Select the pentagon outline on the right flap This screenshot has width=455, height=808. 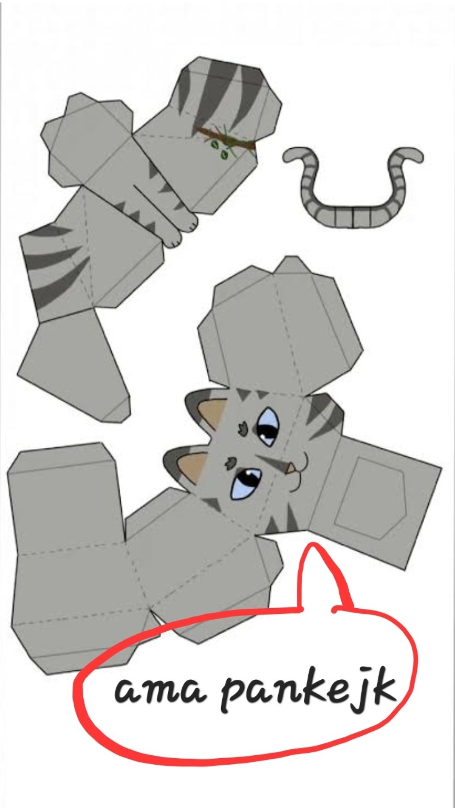(x=370, y=498)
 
